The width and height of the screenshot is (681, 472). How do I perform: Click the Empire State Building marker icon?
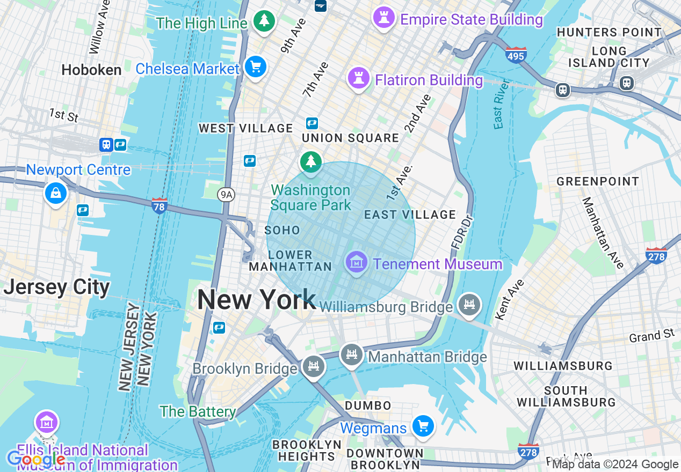pyautogui.click(x=383, y=18)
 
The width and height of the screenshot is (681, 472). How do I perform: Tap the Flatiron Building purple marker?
pyautogui.click(x=358, y=79)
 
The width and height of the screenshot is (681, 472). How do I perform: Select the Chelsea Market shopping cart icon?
pyautogui.click(x=255, y=67)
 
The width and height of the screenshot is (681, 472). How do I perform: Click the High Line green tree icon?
pyautogui.click(x=264, y=21)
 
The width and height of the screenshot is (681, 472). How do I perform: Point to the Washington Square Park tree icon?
pyautogui.click(x=310, y=161)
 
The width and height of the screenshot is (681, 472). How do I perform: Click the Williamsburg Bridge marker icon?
pyautogui.click(x=469, y=305)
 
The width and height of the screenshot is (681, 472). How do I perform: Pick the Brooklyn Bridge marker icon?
pyautogui.click(x=313, y=367)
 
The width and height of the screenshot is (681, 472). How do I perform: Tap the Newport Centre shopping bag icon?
pyautogui.click(x=56, y=193)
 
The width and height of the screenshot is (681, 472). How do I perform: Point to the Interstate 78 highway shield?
pyautogui.click(x=160, y=206)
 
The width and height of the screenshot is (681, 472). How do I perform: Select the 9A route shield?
pyautogui.click(x=226, y=195)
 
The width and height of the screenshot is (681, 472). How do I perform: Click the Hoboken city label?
pyautogui.click(x=91, y=70)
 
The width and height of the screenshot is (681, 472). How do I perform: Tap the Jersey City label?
pyautogui.click(x=56, y=287)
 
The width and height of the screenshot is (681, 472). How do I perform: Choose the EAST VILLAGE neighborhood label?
pyautogui.click(x=410, y=215)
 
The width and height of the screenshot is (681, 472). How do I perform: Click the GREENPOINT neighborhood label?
pyautogui.click(x=598, y=181)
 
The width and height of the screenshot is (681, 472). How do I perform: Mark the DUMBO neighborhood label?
pyautogui.click(x=368, y=405)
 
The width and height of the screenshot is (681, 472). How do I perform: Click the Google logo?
pyautogui.click(x=35, y=459)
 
